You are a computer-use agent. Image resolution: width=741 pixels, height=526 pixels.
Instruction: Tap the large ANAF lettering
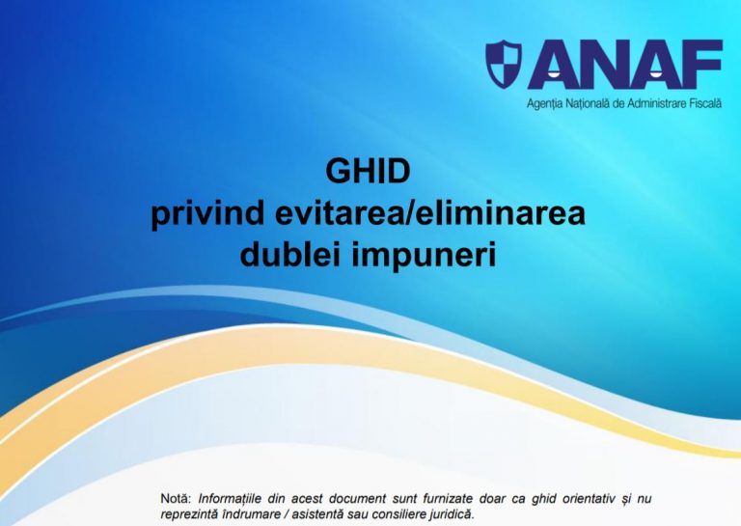pos(625,65)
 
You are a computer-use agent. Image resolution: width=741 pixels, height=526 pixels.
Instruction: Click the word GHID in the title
pos(368,171)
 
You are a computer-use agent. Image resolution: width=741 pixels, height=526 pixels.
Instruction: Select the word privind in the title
pos(207,214)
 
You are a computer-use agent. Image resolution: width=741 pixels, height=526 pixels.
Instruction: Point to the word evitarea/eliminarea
pos(430,213)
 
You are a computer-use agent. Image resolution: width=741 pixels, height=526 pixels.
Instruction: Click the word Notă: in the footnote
pos(176,499)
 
